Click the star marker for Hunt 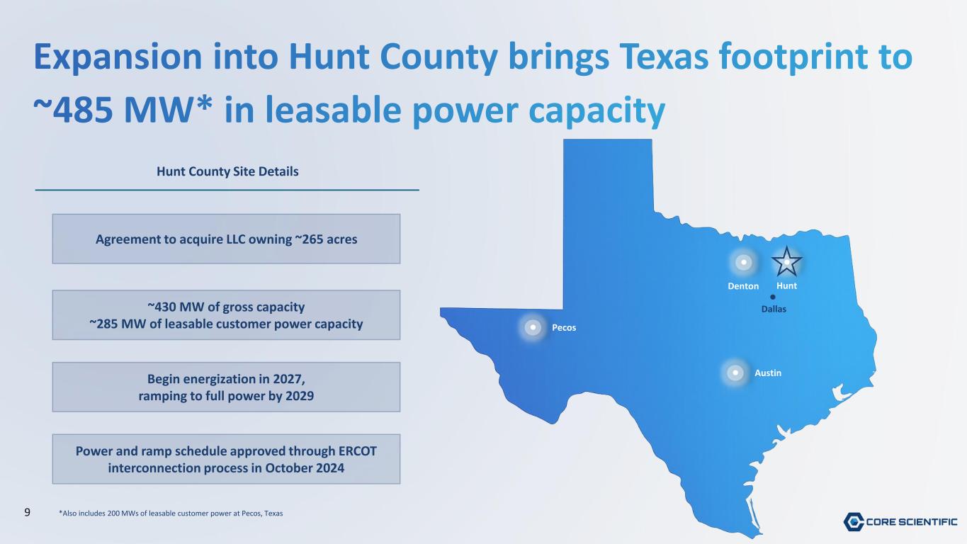coord(786,261)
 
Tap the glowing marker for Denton coord(743,262)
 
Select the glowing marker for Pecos coord(533,327)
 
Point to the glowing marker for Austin coord(735,372)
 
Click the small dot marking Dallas coord(773,297)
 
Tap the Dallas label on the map coord(774,309)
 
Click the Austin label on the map coord(768,373)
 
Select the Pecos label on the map coord(564,328)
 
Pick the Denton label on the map coord(743,286)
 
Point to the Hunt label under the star coord(786,285)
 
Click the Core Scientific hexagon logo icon coord(854,521)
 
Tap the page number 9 coord(27,513)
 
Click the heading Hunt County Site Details coord(227,171)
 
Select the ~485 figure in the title coord(74,110)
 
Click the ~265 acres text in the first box coord(326,239)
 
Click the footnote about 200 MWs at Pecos coord(171,514)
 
